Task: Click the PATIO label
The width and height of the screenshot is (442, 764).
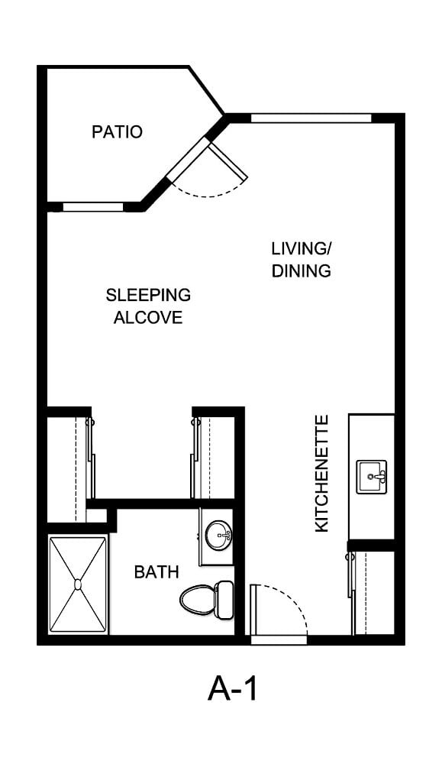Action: coord(117,131)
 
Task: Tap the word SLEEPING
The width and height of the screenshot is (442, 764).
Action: coord(148,295)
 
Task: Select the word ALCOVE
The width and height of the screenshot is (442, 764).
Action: coord(148,317)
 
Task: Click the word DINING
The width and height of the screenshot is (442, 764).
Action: coord(302,270)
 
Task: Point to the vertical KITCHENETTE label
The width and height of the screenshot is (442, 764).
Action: coord(322,473)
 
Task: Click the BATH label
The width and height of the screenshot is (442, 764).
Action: coord(156,572)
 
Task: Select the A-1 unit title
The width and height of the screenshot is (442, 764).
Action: coord(232,689)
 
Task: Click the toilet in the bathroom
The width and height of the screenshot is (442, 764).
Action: coord(206,598)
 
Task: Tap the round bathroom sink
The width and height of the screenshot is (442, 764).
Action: coord(218,535)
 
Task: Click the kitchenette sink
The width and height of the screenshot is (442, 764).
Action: coord(372,477)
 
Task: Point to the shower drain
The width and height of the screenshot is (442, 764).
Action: coord(78,584)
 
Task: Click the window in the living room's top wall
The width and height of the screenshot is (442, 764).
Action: coord(311,118)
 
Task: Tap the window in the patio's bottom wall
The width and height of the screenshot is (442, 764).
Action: coord(93,207)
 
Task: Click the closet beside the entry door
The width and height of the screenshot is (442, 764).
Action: coord(373,593)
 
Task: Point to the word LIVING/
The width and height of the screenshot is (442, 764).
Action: coord(302,248)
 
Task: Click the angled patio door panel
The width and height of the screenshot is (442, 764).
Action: coord(228,161)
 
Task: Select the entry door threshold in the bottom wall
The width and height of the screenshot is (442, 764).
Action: coord(279,640)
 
